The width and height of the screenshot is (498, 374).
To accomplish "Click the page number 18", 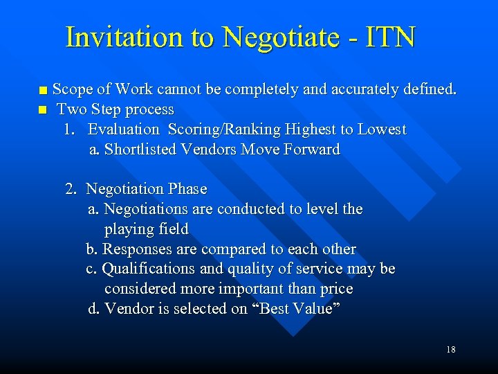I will (451, 350).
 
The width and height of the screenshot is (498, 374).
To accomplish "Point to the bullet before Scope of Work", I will (44, 90).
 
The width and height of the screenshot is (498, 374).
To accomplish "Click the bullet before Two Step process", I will (44, 110).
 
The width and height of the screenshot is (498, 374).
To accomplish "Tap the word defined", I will (431, 89).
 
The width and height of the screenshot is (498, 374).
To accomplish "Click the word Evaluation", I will (123, 130).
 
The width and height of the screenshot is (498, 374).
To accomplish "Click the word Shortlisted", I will (140, 149).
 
